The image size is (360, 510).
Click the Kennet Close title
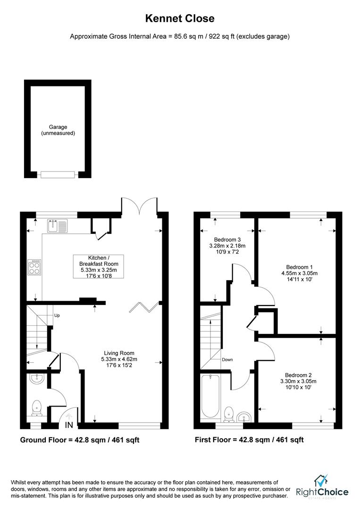click(179, 19)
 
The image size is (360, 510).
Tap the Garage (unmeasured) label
click(58, 130)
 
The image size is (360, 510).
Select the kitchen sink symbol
click(58, 226)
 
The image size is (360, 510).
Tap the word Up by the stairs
click(56, 315)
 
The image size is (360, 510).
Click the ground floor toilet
click(36, 408)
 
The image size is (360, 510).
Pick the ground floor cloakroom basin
click(35, 379)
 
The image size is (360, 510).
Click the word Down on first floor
click(227, 360)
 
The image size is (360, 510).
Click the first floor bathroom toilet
click(228, 413)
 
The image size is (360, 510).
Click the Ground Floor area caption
click(79, 440)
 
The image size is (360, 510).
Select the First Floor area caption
click(249, 440)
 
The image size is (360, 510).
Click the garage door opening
click(58, 175)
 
